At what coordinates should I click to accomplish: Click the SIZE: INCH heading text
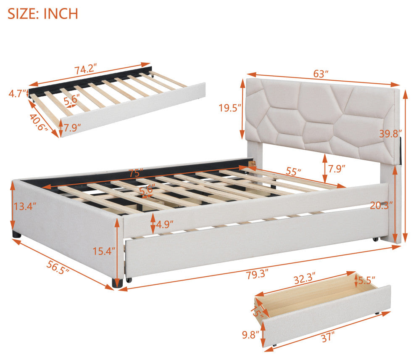pos(43,14)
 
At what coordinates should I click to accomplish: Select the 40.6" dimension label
pos(38,122)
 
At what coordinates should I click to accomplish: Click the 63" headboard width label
pos(321,74)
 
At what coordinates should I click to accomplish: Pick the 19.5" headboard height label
pos(230,108)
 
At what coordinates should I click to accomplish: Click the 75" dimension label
pos(136,173)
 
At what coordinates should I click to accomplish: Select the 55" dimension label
pos(293,172)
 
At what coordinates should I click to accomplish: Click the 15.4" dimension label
pos(104,251)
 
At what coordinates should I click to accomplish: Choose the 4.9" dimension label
pos(165,225)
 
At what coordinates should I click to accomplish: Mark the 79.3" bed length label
pos(258,274)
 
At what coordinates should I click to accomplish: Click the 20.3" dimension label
pos(382,205)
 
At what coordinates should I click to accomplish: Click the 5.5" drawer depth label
pos(367,281)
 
